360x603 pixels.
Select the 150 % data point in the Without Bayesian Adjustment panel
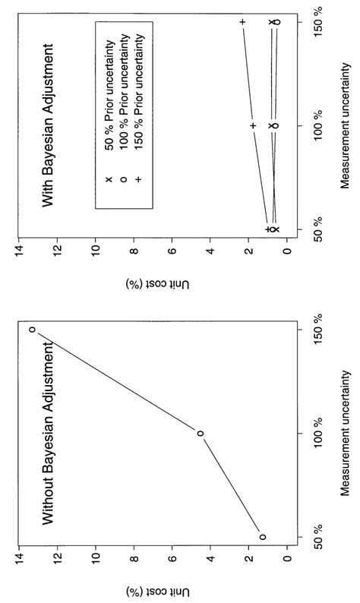[x=32, y=330]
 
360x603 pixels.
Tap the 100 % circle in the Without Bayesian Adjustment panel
[x=201, y=434]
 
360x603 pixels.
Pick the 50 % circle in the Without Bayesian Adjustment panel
[x=263, y=537]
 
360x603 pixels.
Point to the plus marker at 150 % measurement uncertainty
[x=242, y=22]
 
